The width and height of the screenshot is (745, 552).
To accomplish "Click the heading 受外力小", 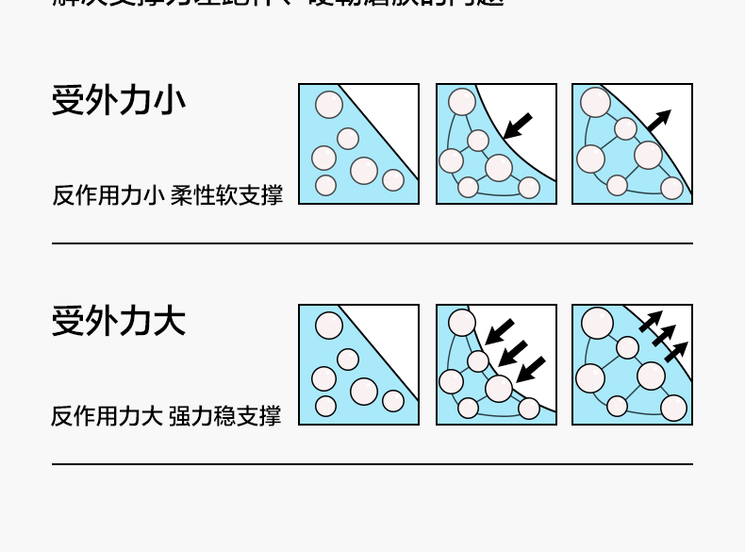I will point(118,100).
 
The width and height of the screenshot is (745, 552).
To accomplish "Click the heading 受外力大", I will point(118,321).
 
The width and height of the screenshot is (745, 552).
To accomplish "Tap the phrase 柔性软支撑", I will point(226,195).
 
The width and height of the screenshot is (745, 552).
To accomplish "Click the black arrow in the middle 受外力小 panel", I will point(517,125).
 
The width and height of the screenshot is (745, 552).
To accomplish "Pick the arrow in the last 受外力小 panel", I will point(658,120).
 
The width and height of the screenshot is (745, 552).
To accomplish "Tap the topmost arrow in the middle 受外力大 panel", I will point(500,331).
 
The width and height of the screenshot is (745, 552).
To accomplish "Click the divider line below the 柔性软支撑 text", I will point(372,243).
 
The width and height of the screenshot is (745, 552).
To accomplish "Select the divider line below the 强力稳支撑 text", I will point(372,464).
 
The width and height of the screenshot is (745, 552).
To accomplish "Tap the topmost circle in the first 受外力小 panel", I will point(329,104).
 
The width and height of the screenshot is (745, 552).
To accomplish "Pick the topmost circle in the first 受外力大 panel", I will point(329,326).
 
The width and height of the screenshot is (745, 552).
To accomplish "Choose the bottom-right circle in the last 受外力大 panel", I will point(673,408).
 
